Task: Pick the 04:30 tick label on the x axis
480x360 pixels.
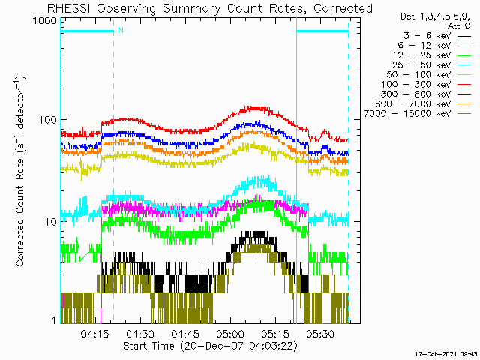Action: (x=140, y=333)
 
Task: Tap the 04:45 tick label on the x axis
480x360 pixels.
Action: (x=184, y=333)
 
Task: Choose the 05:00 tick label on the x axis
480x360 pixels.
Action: (x=229, y=333)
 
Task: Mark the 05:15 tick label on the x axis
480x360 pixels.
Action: (x=274, y=333)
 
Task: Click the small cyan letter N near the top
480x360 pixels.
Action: (x=119, y=31)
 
